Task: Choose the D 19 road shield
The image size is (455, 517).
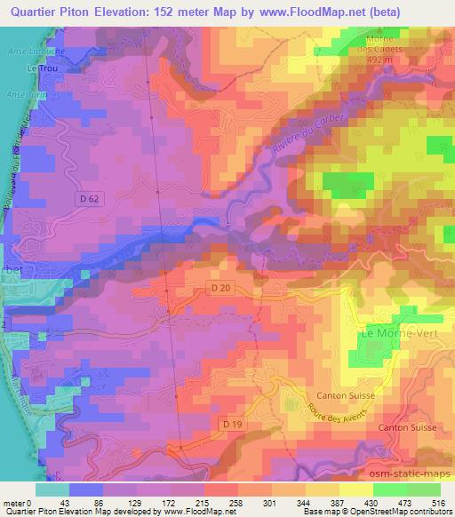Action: tap(233, 425)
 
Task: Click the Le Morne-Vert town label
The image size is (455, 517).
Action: tap(393, 333)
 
